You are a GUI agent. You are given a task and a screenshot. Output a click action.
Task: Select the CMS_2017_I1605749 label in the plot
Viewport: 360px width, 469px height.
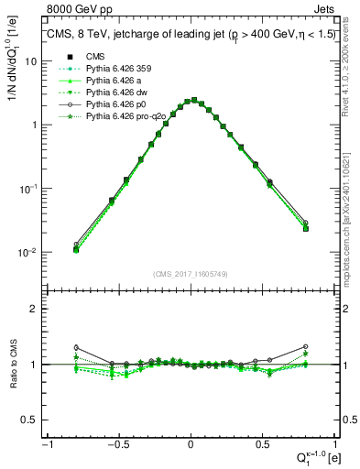(190, 274)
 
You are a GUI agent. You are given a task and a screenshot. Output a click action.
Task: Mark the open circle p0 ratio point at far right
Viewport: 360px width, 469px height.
(305, 346)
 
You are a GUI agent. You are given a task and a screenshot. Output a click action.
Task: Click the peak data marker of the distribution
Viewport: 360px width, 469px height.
(191, 100)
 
